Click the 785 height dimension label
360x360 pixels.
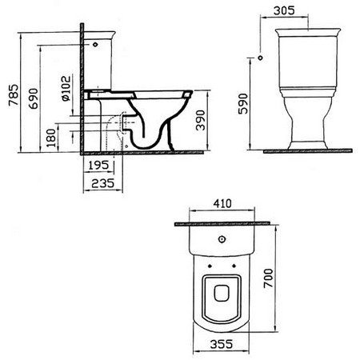click(14, 95)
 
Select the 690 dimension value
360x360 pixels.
click(34, 98)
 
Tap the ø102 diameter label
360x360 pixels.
click(66, 89)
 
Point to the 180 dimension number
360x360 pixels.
click(51, 138)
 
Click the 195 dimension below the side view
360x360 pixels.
click(98, 166)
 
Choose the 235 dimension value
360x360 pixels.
click(102, 183)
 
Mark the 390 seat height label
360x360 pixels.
click(201, 120)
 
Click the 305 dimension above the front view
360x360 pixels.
click(285, 10)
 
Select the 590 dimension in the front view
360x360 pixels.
click(243, 104)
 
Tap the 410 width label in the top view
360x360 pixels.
click(222, 204)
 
